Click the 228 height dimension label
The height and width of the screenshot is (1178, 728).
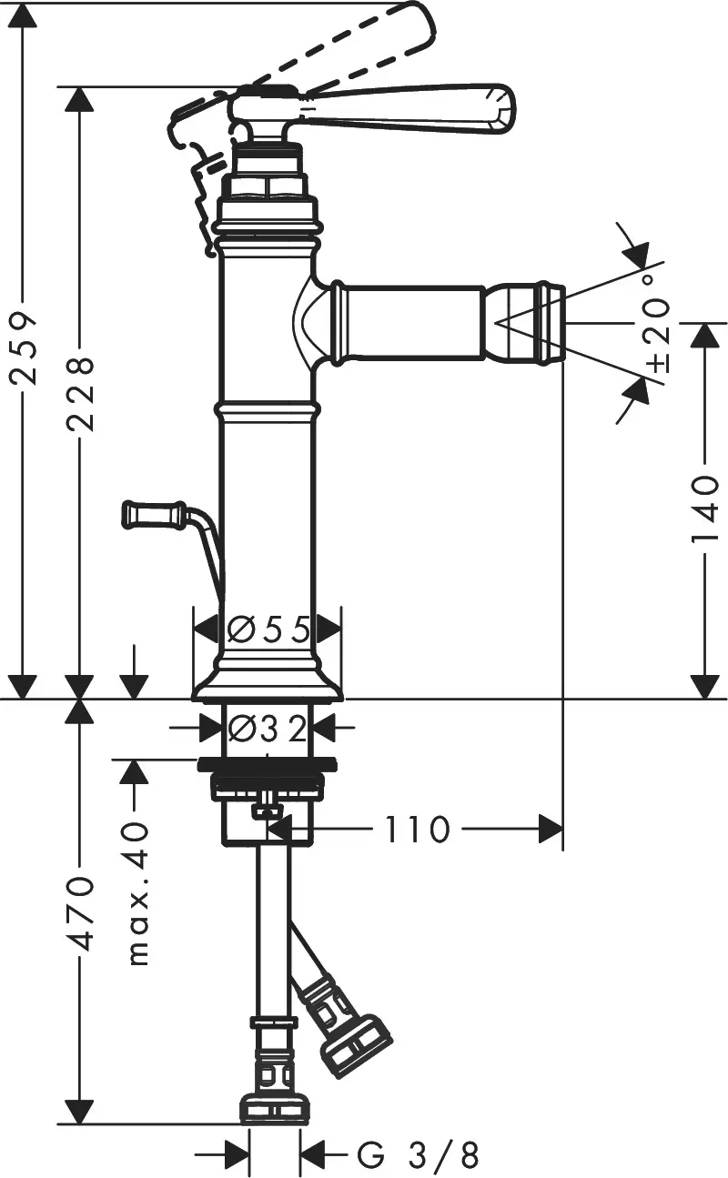point(81,393)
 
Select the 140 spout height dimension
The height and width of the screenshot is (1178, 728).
point(704,510)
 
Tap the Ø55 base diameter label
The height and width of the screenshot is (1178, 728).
point(268,629)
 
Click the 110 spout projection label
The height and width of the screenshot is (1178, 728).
point(415,829)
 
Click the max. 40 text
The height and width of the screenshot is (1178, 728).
point(136,893)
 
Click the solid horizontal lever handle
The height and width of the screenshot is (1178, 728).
point(409,107)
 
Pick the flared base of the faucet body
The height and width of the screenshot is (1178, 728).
point(268,685)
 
